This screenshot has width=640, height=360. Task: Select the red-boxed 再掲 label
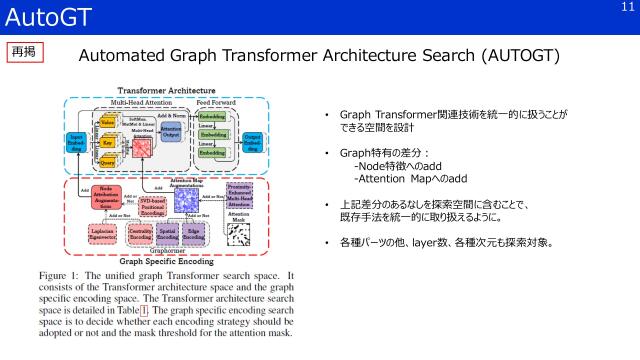click(25, 51)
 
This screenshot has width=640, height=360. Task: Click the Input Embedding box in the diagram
click(76, 143)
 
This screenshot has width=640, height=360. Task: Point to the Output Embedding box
click(253, 143)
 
